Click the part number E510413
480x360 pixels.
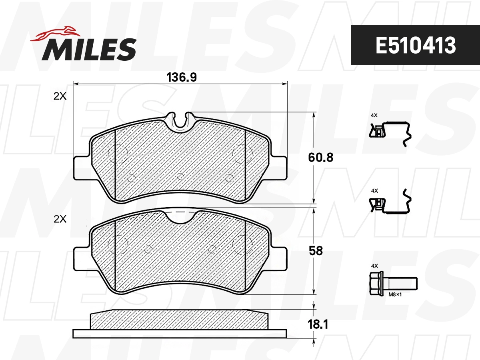415,46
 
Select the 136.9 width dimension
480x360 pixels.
181,77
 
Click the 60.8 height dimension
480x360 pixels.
320,158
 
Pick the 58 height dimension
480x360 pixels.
316,251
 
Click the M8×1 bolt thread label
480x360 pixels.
395,294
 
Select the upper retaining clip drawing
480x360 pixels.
390,131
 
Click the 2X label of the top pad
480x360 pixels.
60,96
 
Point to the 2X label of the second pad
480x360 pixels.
60,219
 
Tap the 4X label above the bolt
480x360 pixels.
374,266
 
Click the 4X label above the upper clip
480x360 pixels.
374,115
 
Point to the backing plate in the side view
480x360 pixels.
180,333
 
